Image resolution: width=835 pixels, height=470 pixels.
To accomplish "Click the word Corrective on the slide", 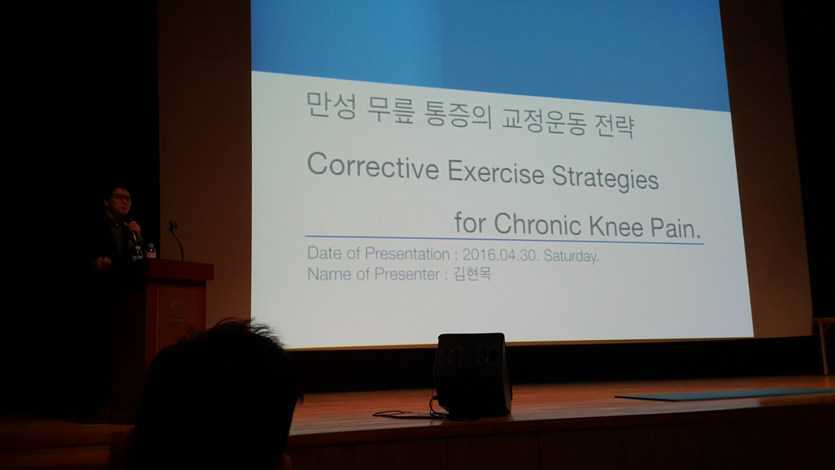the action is [373, 167].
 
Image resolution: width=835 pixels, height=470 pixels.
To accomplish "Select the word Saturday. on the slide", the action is [571, 256].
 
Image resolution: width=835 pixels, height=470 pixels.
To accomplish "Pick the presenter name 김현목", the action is [472, 274].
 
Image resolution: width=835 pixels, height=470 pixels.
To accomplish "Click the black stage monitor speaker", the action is [473, 374].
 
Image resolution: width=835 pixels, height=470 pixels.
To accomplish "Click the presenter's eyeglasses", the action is [121, 197].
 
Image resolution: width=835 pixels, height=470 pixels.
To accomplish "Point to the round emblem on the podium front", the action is [178, 309].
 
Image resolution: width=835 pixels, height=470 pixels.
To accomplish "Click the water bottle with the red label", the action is [151, 251].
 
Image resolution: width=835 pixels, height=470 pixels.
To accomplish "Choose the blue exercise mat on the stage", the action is [725, 394].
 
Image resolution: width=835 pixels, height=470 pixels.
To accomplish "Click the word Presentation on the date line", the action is [407, 254].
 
